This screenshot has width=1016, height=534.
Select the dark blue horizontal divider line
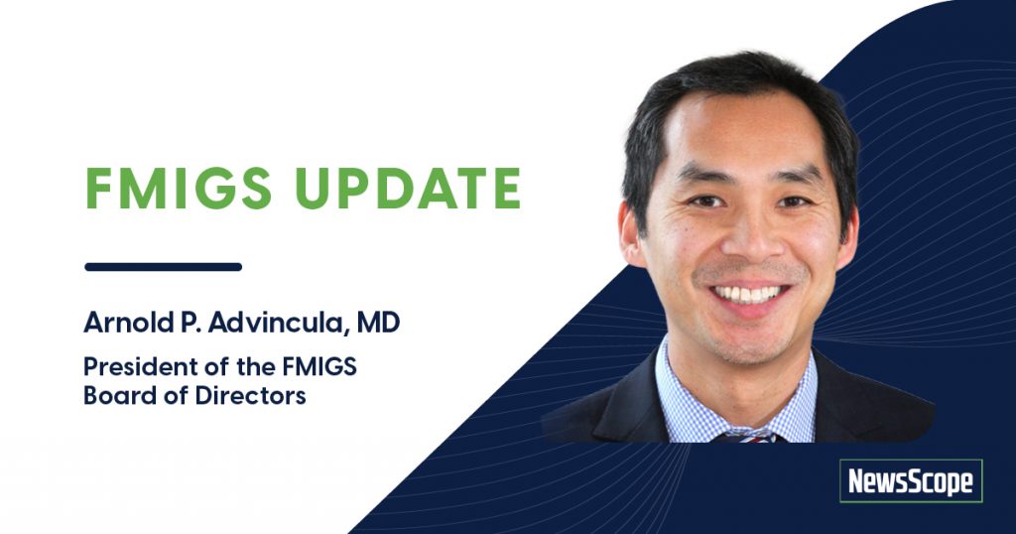tap(164, 266)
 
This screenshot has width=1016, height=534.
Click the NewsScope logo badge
tap(910, 481)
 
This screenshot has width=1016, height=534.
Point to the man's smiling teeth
tap(748, 294)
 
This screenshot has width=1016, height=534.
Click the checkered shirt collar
tap(695, 392)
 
